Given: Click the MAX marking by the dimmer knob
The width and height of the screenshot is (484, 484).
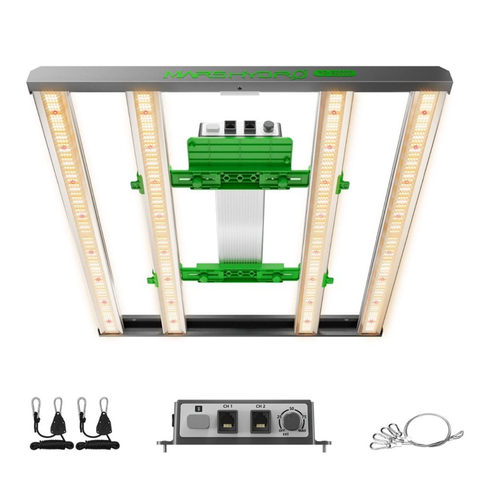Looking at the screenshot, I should pyautogui.click(x=302, y=431).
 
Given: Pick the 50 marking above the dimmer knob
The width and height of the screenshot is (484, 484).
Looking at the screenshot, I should pyautogui.click(x=292, y=410).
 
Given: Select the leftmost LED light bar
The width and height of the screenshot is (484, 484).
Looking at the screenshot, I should pyautogui.click(x=78, y=212).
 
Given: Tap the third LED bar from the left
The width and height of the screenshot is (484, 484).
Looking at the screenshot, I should pyautogui.click(x=320, y=212).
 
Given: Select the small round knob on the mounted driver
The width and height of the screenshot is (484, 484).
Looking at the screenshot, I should pyautogui.click(x=268, y=128).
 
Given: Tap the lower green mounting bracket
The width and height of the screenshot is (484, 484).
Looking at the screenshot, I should pyautogui.click(x=240, y=273).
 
